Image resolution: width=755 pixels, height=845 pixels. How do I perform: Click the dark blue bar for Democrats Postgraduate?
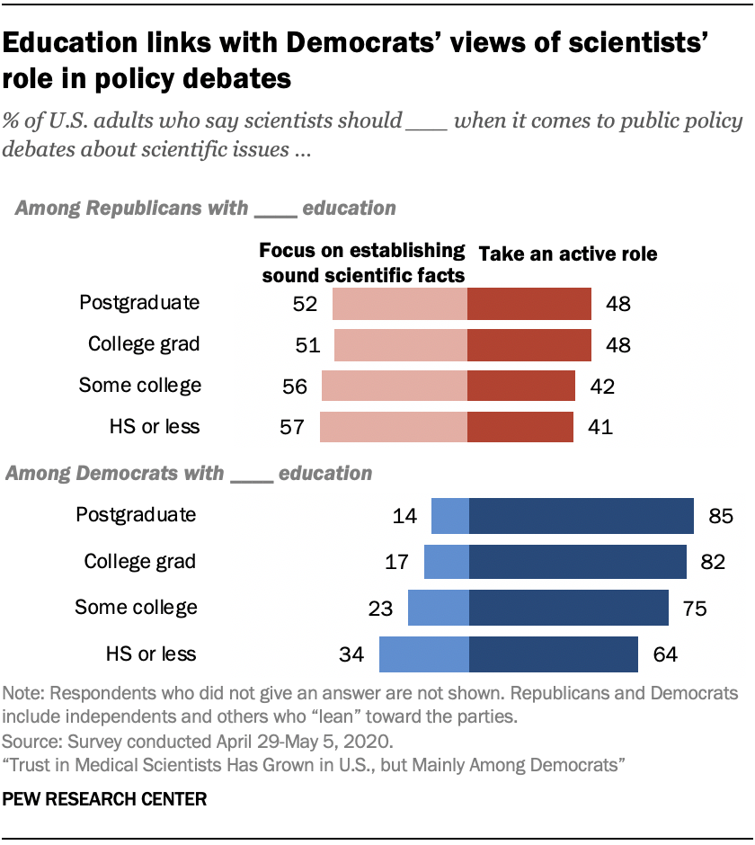tap(581, 516)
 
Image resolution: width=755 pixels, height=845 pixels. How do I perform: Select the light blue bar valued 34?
tap(423, 654)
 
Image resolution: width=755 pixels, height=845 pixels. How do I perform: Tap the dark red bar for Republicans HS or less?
tap(520, 426)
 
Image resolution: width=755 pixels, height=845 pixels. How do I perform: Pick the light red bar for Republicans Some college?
tap(394, 386)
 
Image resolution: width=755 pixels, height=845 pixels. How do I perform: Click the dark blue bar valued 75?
tap(568, 608)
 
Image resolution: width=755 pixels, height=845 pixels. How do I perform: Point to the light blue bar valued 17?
tap(446, 562)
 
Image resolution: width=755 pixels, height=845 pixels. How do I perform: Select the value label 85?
tap(721, 517)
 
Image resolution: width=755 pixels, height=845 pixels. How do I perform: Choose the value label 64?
tap(665, 654)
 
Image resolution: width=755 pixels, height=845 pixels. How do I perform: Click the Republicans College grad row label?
tap(144, 344)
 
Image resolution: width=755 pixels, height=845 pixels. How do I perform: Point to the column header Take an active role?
tap(568, 254)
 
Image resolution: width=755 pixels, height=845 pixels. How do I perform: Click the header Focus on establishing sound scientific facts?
tap(362, 262)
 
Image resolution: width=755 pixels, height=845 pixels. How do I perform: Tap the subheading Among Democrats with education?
tap(189, 472)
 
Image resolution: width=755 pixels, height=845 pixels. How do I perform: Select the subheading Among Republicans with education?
tap(205, 209)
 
